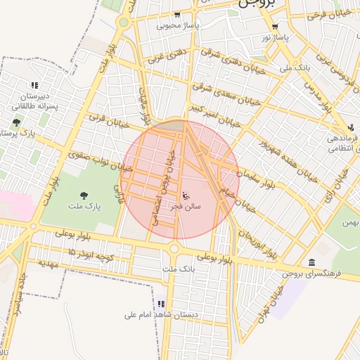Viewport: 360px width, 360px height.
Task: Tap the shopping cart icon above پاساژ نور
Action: click(275, 27)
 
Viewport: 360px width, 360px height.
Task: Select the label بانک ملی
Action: click(295, 68)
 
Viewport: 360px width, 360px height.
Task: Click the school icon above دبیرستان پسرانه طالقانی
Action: click(26, 85)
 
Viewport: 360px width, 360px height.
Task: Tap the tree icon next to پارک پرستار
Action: click(16, 122)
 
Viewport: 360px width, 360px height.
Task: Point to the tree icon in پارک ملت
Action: click(84, 195)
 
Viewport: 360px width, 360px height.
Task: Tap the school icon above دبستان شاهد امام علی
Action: click(161, 304)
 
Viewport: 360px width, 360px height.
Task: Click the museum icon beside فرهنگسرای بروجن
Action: click(311, 262)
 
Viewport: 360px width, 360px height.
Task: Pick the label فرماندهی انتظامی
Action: click(342, 144)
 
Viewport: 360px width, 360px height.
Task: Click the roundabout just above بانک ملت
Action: click(174, 247)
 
